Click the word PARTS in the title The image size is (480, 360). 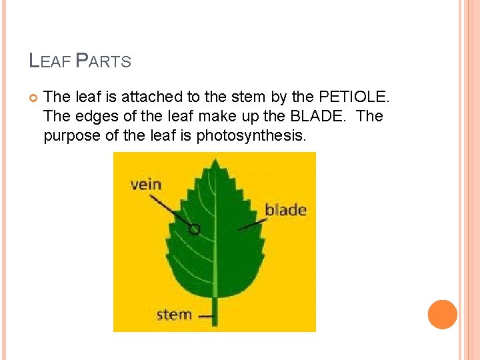coord(103,62)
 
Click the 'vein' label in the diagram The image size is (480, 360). coord(146,184)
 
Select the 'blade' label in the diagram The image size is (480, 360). coord(285,210)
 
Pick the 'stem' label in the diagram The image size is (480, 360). coord(174,314)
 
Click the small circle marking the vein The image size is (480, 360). coord(194,230)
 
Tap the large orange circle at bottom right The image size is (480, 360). coord(443,314)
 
